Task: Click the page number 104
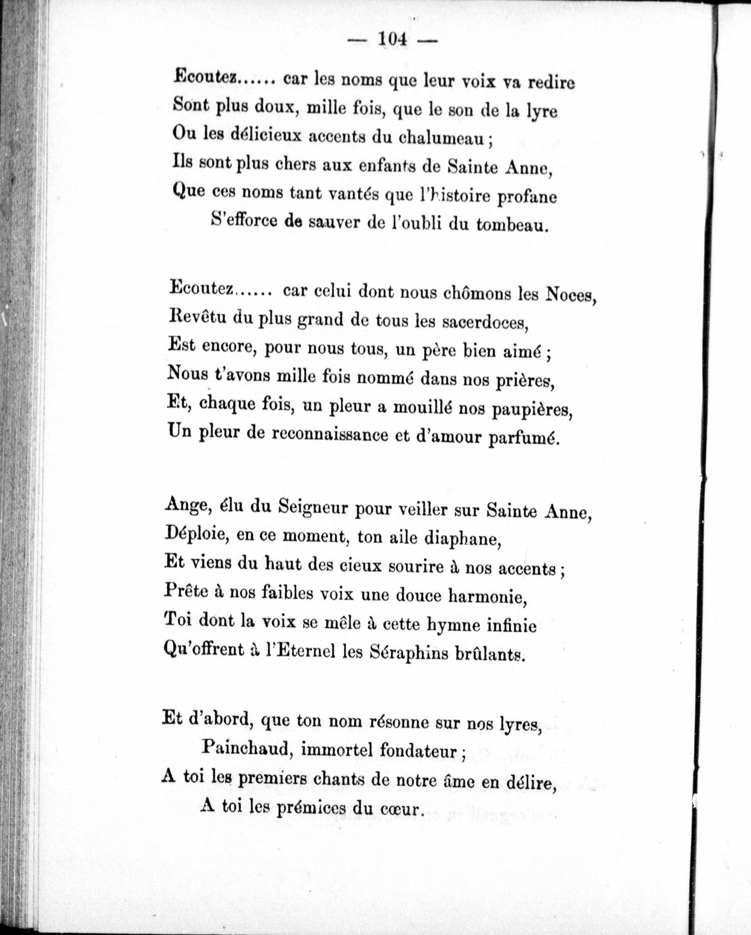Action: (x=393, y=40)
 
